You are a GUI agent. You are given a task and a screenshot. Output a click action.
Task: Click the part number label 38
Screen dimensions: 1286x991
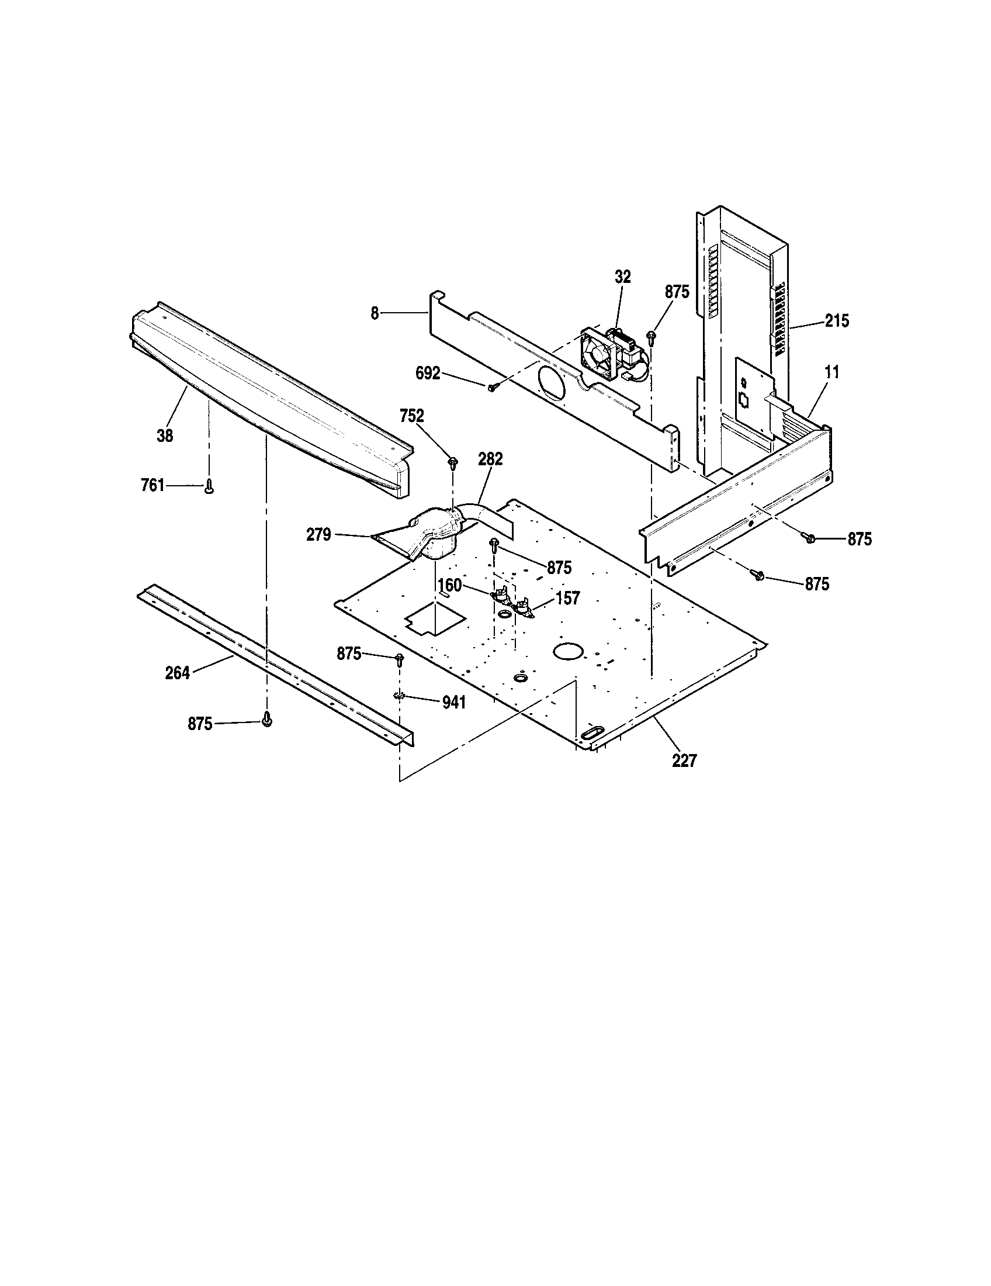[x=165, y=435]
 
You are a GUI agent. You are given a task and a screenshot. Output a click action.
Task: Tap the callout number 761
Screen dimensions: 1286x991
[x=153, y=486]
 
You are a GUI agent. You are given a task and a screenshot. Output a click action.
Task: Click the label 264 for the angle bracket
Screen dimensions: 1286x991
[x=178, y=672]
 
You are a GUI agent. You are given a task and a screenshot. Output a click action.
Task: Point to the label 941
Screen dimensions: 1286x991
[x=453, y=702]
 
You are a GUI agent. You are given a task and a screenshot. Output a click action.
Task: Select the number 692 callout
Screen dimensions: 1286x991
[x=428, y=373]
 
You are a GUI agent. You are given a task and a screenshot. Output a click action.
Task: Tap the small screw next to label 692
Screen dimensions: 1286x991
[x=492, y=386]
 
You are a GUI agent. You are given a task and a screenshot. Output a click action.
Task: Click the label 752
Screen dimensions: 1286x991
[x=411, y=416]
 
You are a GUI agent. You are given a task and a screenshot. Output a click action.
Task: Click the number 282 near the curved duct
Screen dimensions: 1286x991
[x=490, y=459]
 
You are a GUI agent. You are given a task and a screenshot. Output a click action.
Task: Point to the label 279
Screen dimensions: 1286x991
[x=319, y=535]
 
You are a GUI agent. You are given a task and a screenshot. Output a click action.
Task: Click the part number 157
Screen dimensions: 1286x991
[x=567, y=598]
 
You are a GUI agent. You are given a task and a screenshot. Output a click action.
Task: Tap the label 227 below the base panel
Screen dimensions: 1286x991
[x=684, y=760]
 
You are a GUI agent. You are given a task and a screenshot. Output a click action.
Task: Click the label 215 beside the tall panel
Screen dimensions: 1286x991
[x=837, y=321]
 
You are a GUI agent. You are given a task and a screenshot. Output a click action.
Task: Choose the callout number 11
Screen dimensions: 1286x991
[x=832, y=372]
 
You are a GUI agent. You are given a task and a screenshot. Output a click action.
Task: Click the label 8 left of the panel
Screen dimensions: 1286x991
[x=375, y=313]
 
